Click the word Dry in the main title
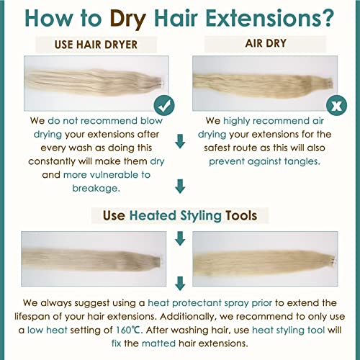[x=128, y=19]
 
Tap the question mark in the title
[x=326, y=18]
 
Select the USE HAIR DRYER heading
[x=96, y=45]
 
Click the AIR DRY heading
[x=266, y=43]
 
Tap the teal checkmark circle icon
[x=164, y=105]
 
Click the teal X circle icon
[x=336, y=105]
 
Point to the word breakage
[x=96, y=188]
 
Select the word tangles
[x=302, y=162]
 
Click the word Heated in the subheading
[x=153, y=215]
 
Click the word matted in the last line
[x=158, y=343]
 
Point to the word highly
[x=237, y=121]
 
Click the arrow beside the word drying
[x=180, y=141]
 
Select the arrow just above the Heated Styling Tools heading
[x=180, y=186]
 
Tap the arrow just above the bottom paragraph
[x=180, y=284]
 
